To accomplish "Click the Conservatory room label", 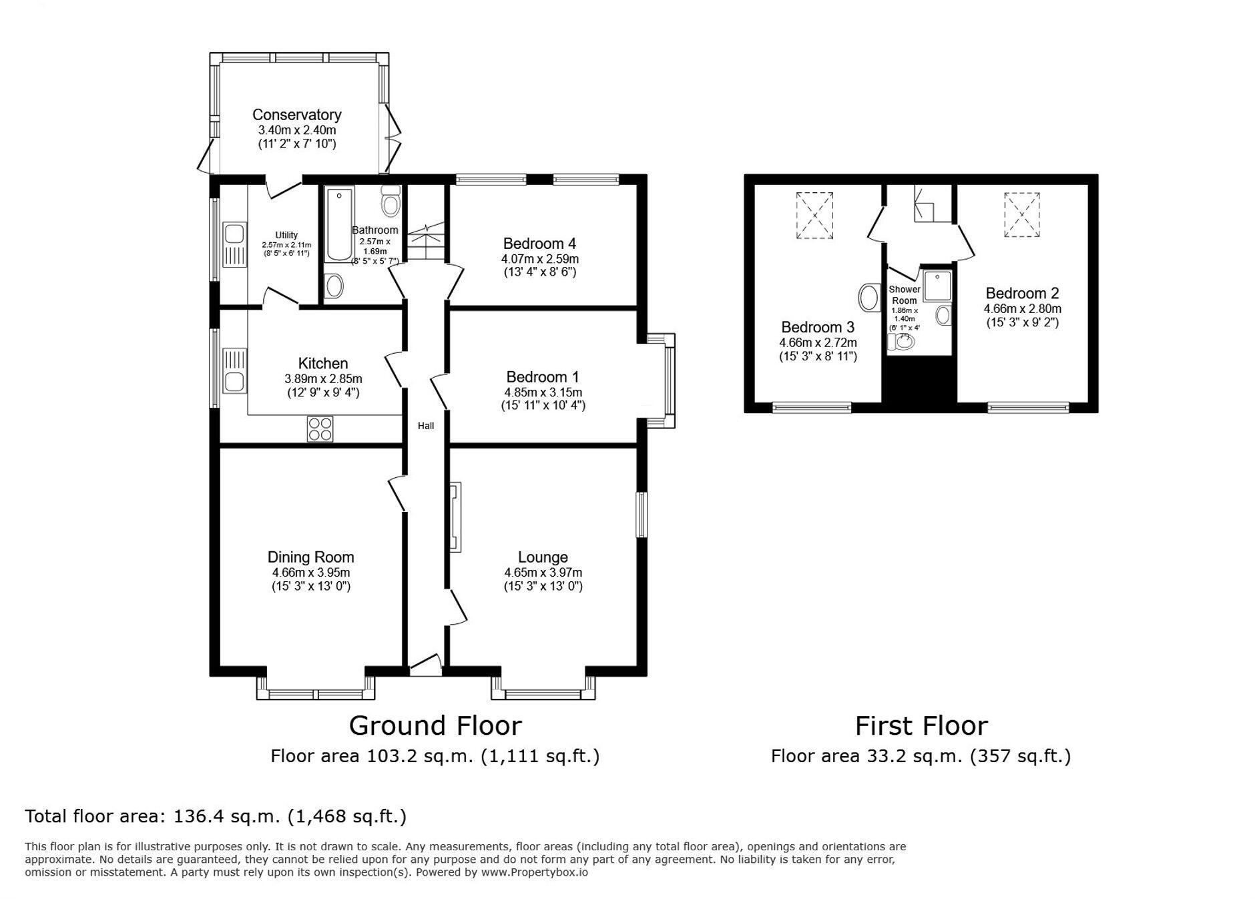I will [x=296, y=115].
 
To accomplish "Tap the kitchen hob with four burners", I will [x=320, y=429].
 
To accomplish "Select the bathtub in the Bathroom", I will [x=338, y=225].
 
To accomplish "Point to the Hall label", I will [x=426, y=426].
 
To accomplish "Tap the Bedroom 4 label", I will [x=539, y=244].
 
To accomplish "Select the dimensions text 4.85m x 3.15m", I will [x=543, y=392].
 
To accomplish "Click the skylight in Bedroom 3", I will [x=814, y=216].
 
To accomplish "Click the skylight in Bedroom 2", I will [x=1022, y=215].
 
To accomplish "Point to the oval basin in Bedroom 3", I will [x=869, y=298].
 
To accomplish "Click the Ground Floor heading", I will [x=435, y=725].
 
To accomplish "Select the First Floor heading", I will [x=921, y=725].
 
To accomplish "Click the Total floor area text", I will [x=216, y=816].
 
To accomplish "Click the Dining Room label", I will [x=310, y=557].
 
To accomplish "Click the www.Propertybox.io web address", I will [x=534, y=872].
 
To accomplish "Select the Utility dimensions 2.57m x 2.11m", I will [x=286, y=245].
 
